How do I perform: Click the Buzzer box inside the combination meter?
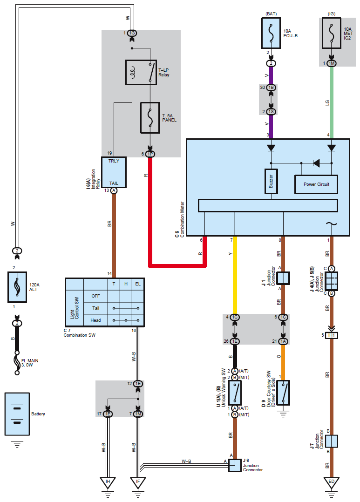271,181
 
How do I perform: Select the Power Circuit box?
316,184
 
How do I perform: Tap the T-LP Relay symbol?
141,72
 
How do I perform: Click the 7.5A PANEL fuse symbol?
150,117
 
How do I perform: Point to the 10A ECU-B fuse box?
271,33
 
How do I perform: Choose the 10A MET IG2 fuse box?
332,33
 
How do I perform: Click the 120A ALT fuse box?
17,287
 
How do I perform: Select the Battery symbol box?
17,414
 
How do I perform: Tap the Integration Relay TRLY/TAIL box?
114,172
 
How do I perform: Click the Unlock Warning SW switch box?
235,393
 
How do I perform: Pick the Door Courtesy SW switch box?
283,393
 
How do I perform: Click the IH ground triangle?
108,483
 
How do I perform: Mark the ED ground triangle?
332,483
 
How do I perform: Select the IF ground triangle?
138,483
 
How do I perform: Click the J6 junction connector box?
235,465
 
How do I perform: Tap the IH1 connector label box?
332,335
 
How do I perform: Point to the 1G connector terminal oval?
132,33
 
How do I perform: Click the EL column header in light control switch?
138,284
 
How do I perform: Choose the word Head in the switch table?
95,320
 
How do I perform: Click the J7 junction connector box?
332,441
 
